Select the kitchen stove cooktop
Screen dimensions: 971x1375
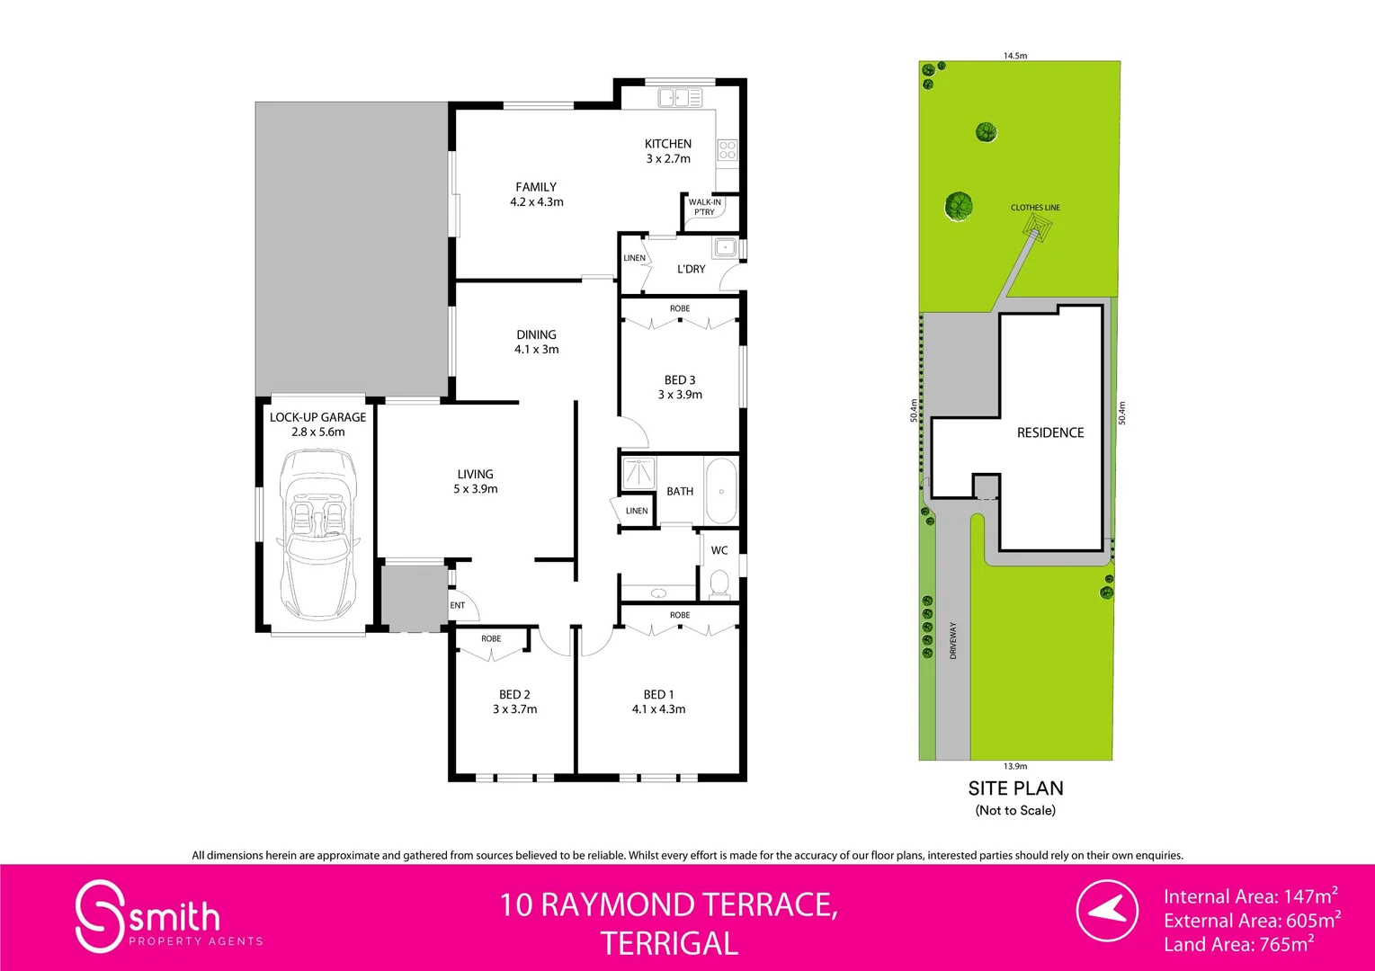coord(727,150)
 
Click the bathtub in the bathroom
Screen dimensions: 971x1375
coord(721,491)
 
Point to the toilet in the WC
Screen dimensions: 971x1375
coord(719,585)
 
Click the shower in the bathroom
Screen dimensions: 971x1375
coord(638,472)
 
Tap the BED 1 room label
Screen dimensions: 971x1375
coord(658,694)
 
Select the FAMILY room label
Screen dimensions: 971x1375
coord(536,187)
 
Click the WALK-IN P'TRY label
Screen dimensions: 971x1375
coord(704,207)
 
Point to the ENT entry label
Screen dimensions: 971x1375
coord(458,605)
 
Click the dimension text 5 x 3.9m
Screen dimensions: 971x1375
coord(475,489)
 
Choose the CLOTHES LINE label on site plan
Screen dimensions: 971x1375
coord(1035,208)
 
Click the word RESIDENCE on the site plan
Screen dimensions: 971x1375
coord(1050,432)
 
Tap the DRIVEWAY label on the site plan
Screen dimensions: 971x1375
coord(953,640)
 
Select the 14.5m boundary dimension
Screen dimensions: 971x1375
coord(1015,56)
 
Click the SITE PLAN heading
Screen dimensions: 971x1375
coord(1015,788)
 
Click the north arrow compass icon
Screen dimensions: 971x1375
coord(1107,911)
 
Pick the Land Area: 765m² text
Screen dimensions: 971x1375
coord(1238,944)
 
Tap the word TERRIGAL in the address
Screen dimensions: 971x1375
coord(669,943)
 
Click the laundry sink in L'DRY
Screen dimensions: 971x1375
coord(724,246)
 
